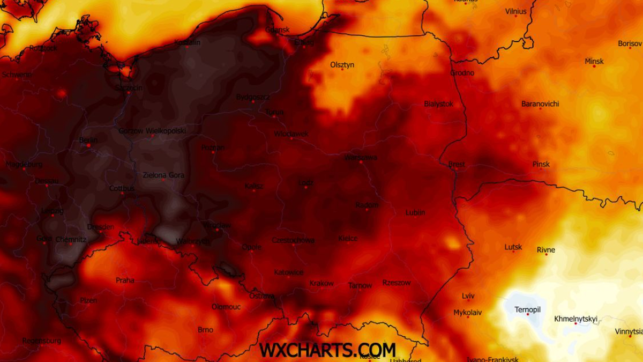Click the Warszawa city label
[x=361, y=157]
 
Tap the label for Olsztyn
[x=342, y=65]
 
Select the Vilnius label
[x=515, y=11]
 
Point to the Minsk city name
[x=594, y=61]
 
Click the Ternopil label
[x=527, y=310]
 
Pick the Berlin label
[x=88, y=140]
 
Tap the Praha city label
[x=125, y=280]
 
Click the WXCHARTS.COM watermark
[x=327, y=350]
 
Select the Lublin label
[x=415, y=212]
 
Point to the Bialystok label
[x=438, y=104]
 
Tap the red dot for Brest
[x=457, y=169]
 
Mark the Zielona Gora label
[x=163, y=175]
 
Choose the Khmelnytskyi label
[x=575, y=319]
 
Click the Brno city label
[x=205, y=330]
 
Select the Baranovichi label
[x=540, y=104]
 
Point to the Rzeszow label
[x=397, y=283]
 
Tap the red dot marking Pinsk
[x=541, y=169]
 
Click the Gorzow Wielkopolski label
[x=152, y=131]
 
